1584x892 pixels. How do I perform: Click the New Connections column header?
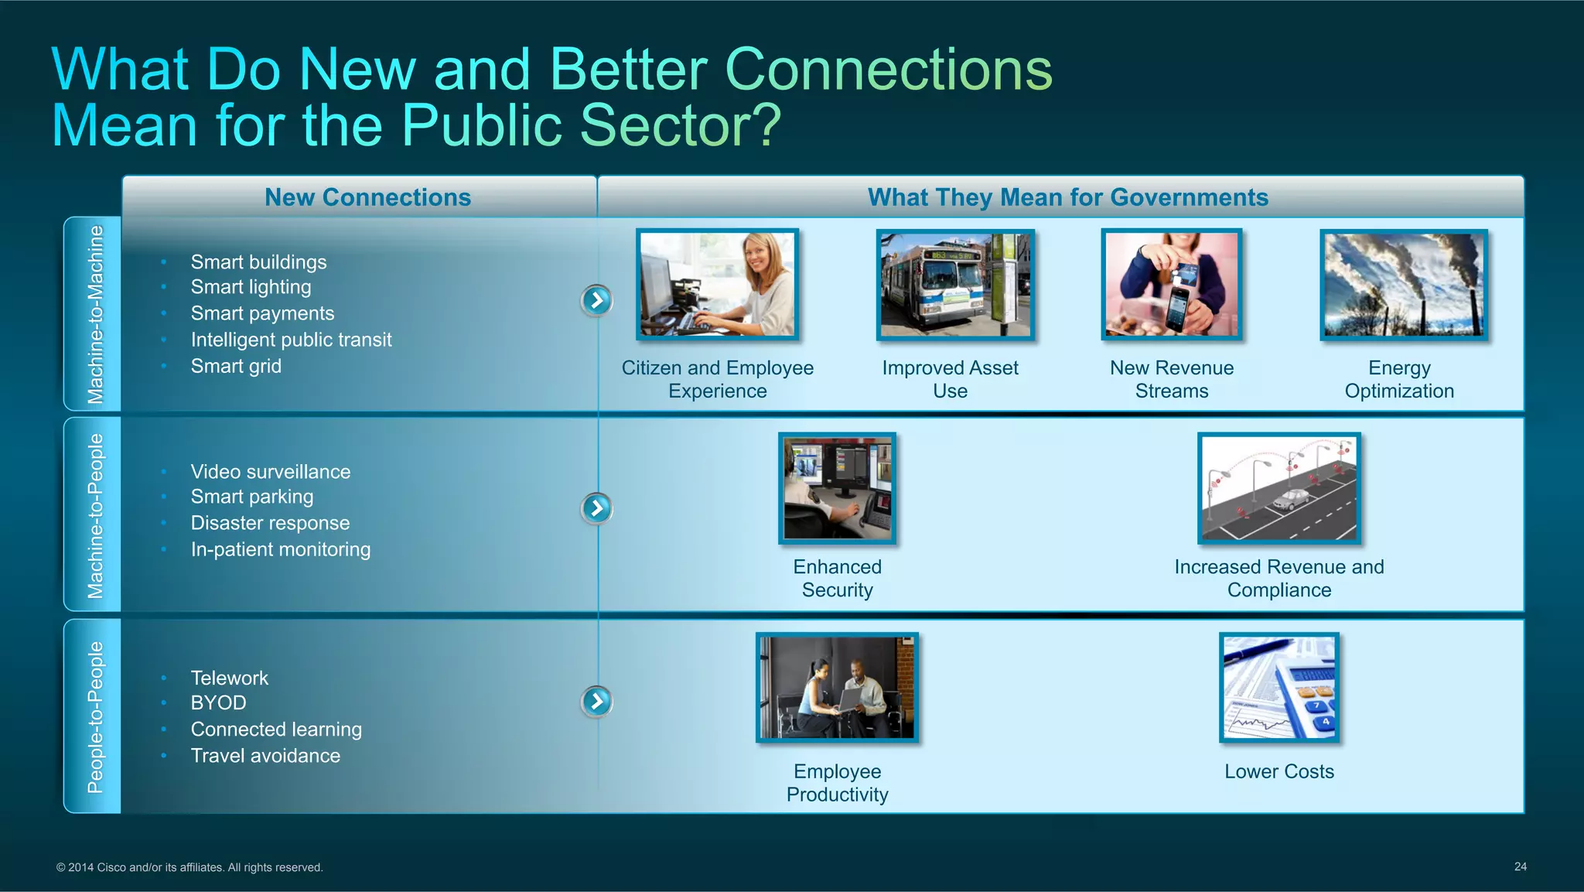(x=367, y=197)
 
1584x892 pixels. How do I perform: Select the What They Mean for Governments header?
(x=1067, y=197)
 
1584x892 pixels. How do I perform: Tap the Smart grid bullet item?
(x=236, y=366)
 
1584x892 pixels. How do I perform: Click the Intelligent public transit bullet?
(x=291, y=340)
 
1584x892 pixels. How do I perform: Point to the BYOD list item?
(x=218, y=702)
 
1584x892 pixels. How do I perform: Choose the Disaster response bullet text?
(x=270, y=523)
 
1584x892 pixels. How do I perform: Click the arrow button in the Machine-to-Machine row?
(x=596, y=300)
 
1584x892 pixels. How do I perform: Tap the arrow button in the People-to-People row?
(x=596, y=702)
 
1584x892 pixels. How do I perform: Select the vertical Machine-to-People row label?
(x=94, y=515)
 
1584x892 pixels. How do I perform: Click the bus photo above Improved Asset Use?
(x=954, y=285)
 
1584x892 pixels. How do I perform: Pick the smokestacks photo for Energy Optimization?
(x=1403, y=285)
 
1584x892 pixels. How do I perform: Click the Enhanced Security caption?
(x=837, y=578)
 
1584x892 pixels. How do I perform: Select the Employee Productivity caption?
(x=837, y=782)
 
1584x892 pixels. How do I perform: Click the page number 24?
(x=1520, y=866)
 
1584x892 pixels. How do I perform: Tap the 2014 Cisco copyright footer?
(x=189, y=867)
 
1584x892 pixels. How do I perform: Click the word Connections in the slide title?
(x=888, y=70)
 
